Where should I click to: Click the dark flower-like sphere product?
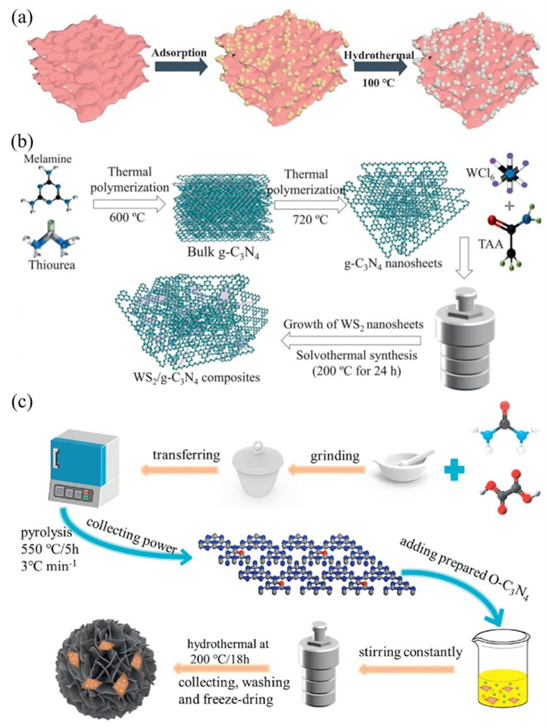tap(101, 659)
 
